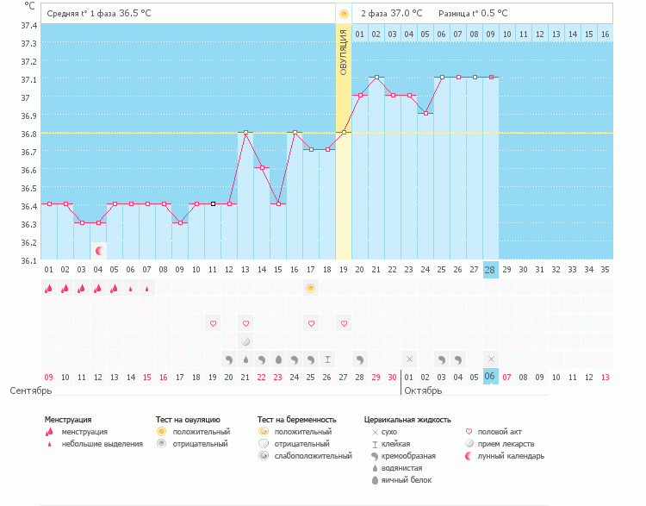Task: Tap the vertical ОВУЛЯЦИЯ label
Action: point(343,53)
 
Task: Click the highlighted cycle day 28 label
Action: point(491,270)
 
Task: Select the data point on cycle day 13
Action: point(245,133)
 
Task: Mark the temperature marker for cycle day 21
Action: point(376,78)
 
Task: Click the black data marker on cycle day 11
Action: point(213,204)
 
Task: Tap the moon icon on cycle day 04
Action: point(98,251)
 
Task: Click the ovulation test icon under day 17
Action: point(311,288)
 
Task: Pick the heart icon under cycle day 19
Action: point(344,323)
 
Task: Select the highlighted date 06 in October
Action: point(491,377)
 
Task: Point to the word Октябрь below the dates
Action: point(422,390)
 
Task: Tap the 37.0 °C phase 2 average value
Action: point(407,13)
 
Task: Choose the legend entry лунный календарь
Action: point(514,455)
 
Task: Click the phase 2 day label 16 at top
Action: point(605,34)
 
